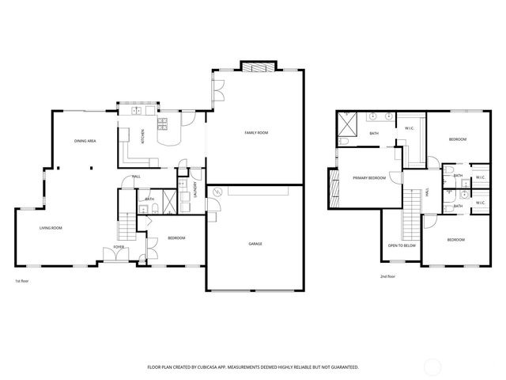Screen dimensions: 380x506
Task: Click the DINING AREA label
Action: pyautogui.click(x=85, y=141)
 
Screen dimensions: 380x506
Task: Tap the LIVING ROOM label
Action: pyautogui.click(x=51, y=228)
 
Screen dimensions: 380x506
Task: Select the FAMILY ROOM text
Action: pyautogui.click(x=255, y=133)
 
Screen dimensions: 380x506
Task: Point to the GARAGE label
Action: pyautogui.click(x=255, y=243)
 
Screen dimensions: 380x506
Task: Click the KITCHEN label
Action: pyautogui.click(x=142, y=136)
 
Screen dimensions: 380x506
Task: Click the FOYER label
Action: pyautogui.click(x=119, y=247)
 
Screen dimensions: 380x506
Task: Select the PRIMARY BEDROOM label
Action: pyautogui.click(x=369, y=178)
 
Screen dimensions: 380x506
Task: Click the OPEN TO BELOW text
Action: pyautogui.click(x=402, y=245)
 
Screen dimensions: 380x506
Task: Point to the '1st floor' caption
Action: pyautogui.click(x=23, y=281)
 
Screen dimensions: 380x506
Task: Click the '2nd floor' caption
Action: pyautogui.click(x=387, y=276)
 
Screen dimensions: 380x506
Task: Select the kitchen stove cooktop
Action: pyautogui.click(x=164, y=123)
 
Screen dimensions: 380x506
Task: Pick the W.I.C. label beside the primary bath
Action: pyautogui.click(x=410, y=128)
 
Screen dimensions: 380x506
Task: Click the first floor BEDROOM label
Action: pyautogui.click(x=176, y=238)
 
